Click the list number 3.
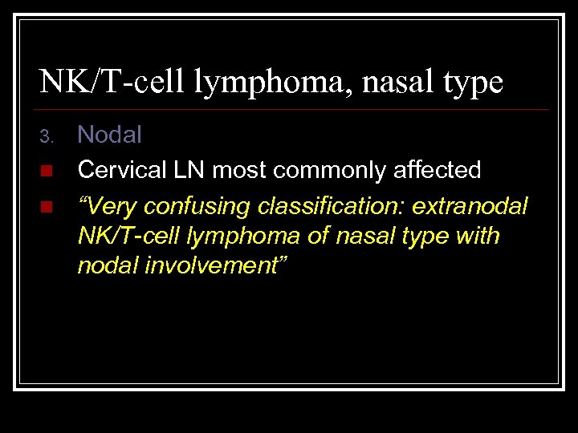(x=47, y=137)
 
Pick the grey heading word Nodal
(x=109, y=135)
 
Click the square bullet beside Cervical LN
(x=46, y=171)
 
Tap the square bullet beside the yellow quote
(x=46, y=207)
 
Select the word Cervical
(x=120, y=170)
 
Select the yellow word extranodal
(x=470, y=206)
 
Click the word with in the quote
(x=479, y=237)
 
